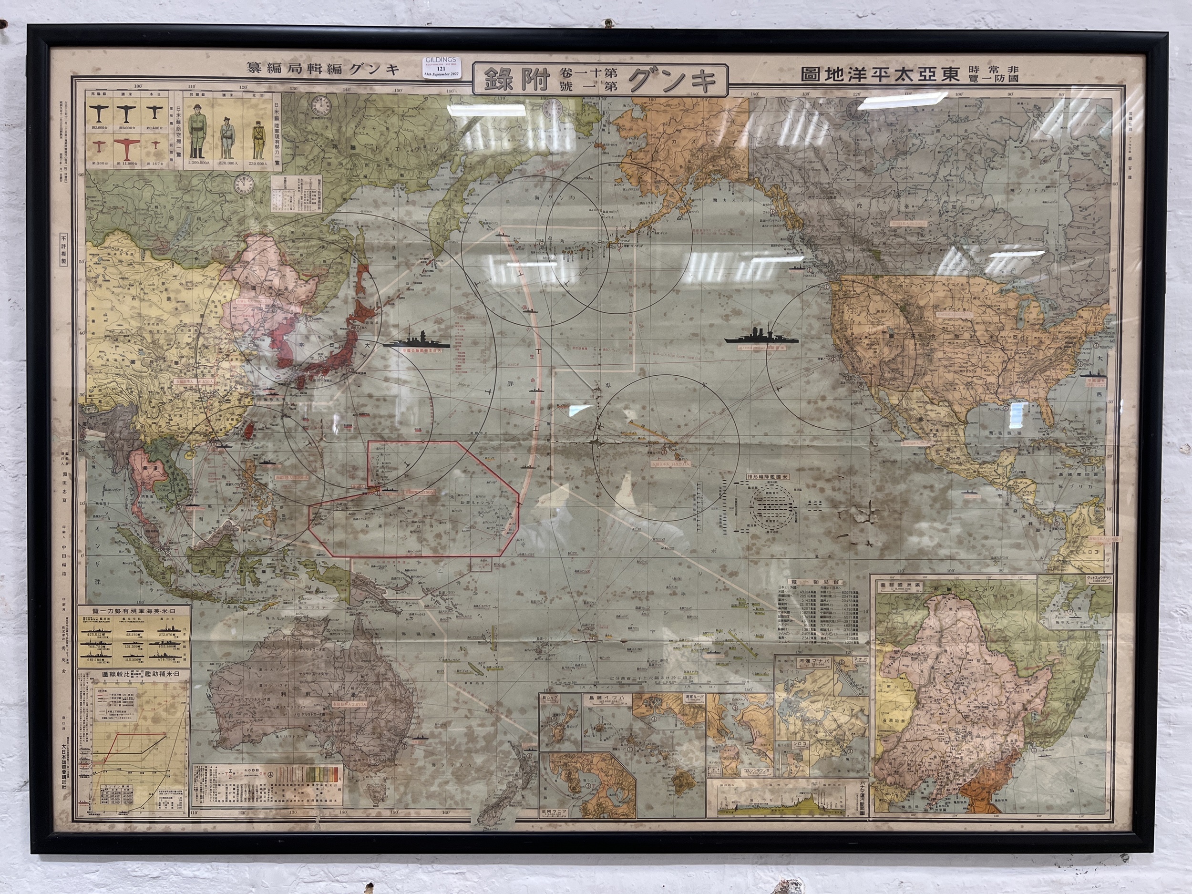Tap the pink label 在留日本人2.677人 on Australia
[x=349, y=704]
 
